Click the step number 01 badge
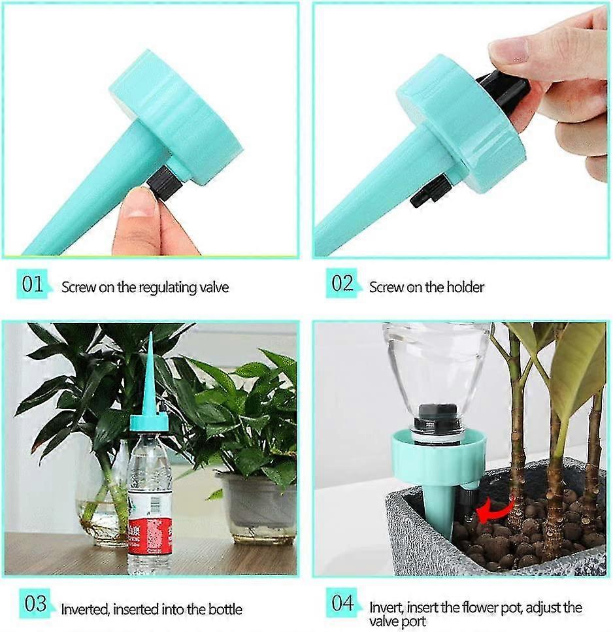[33, 284]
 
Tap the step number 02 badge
[342, 283]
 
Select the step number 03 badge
[35, 604]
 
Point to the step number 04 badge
[342, 603]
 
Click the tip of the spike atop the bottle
[150, 332]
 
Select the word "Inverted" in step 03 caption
[85, 609]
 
